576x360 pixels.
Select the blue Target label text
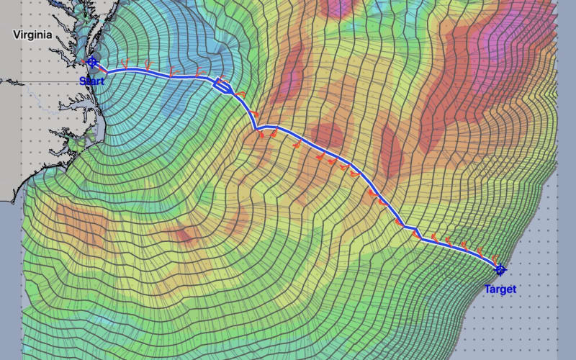[500, 289]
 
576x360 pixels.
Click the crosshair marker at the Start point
[91, 62]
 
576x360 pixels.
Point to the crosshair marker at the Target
[500, 269]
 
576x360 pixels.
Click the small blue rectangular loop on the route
[222, 86]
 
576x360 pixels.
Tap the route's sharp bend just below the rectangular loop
[255, 127]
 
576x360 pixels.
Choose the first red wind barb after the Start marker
[124, 64]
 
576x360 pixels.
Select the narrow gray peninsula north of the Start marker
[91, 32]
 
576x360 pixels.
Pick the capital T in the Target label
[487, 289]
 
